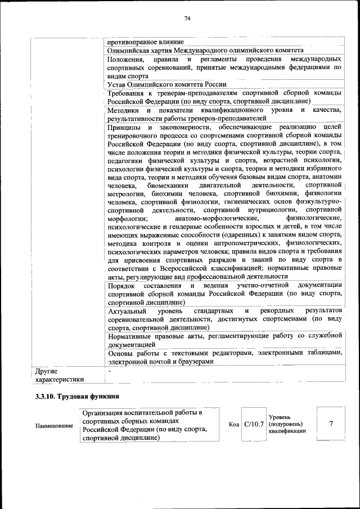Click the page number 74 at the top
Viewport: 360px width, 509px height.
(188, 19)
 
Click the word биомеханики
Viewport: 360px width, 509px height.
(166, 185)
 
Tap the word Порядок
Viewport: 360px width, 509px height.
(120, 286)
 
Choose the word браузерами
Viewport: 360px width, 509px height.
(194, 362)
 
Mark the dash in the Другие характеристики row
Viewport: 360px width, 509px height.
(110, 371)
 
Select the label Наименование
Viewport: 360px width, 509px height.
(54, 426)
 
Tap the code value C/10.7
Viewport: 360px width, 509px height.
(254, 424)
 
